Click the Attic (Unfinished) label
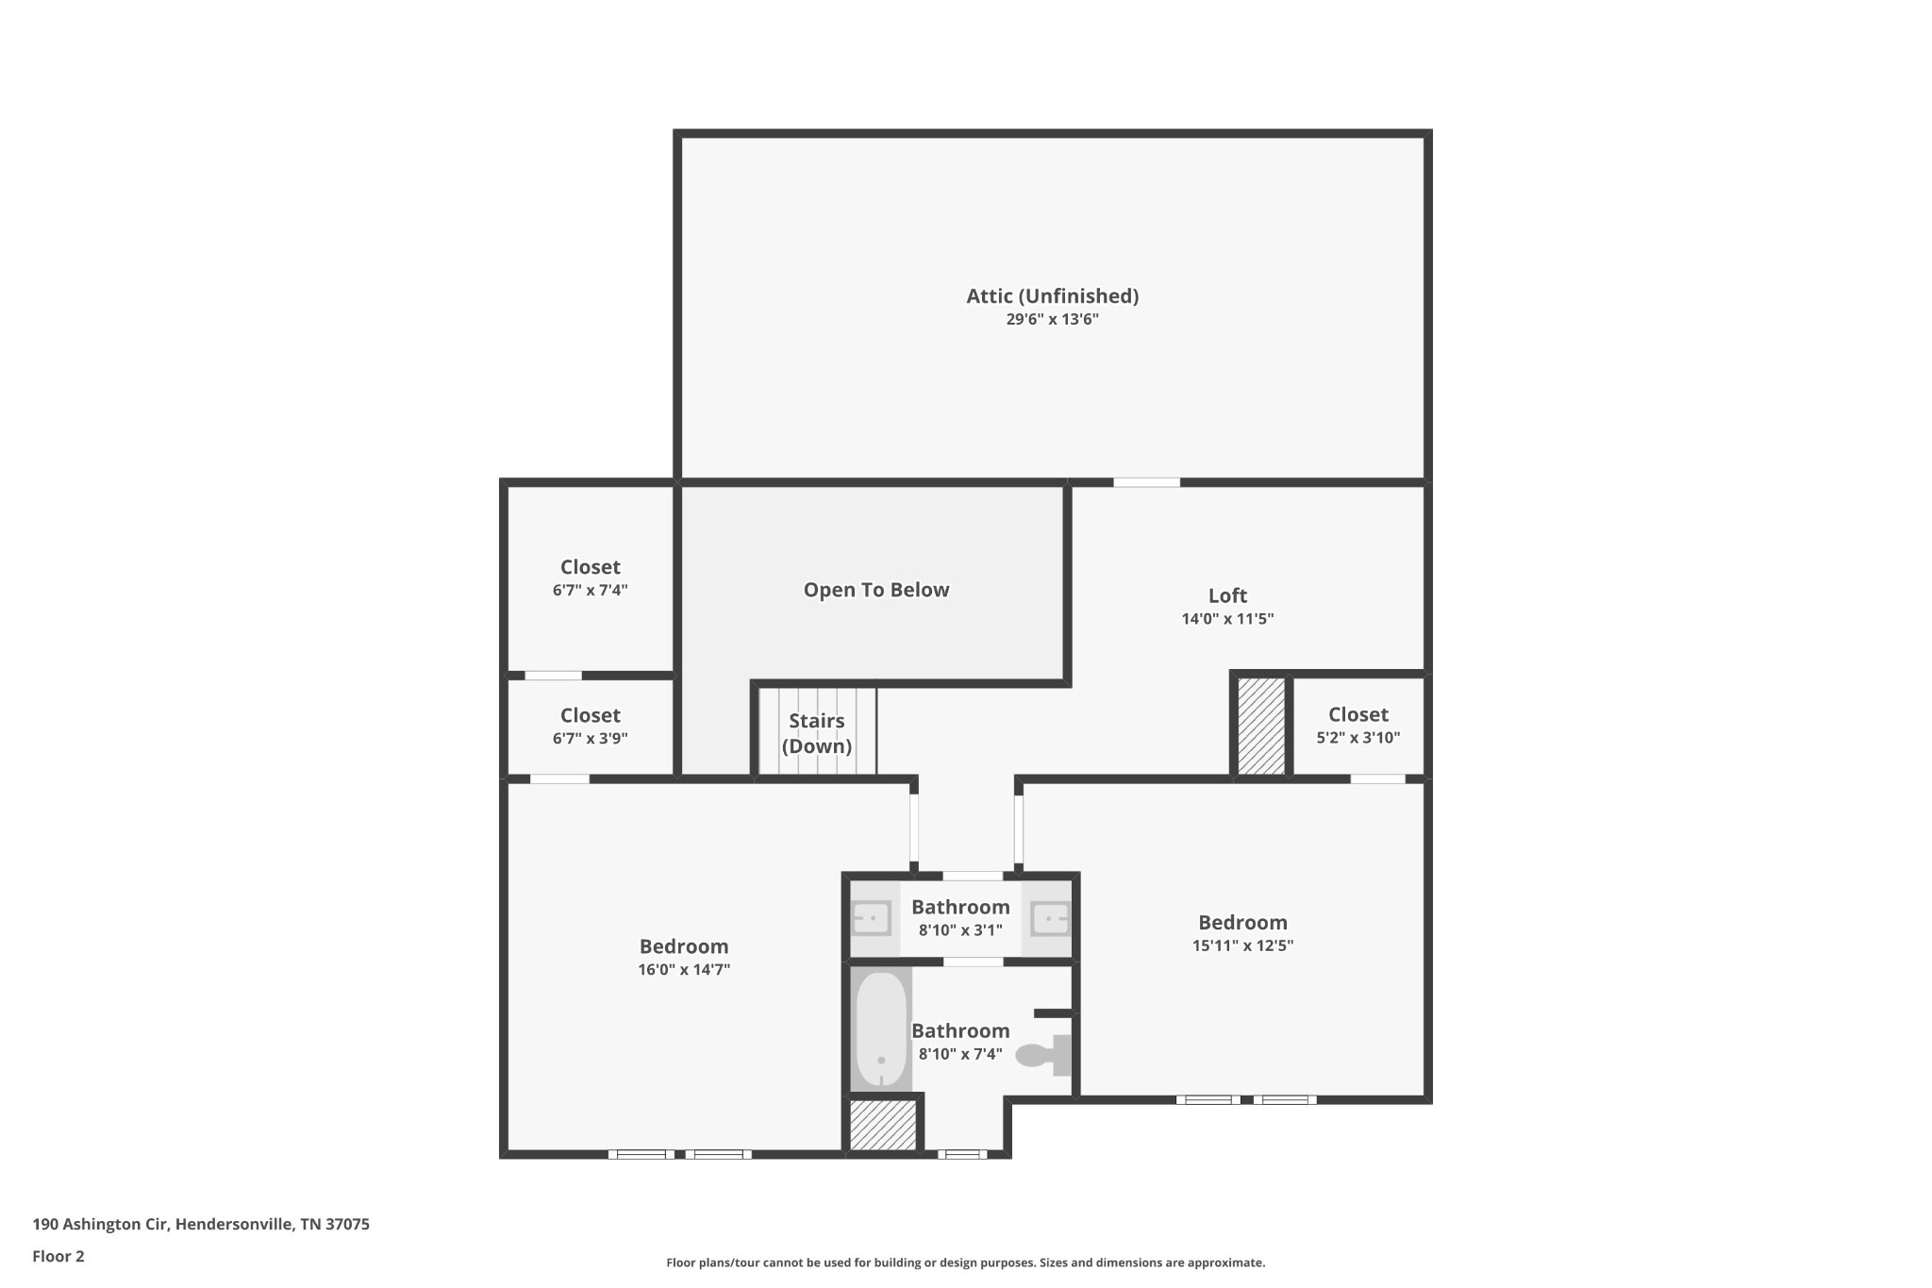(1052, 296)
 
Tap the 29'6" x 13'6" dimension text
(1052, 319)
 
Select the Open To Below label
(876, 590)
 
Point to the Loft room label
(1227, 595)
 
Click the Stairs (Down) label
(817, 733)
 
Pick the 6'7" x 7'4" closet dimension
(591, 591)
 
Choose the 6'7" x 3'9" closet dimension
(591, 739)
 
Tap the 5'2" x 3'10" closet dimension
(1358, 738)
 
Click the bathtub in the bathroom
(881, 1030)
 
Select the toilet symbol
(1044, 1055)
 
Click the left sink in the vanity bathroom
(872, 917)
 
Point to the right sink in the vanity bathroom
(1049, 917)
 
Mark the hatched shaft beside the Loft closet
(1261, 727)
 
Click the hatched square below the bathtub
(883, 1125)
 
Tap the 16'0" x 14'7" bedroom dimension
(684, 970)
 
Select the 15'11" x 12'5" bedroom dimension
(1242, 945)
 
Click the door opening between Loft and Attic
(1146, 482)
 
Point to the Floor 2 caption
(58, 1256)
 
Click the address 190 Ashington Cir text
(100, 1225)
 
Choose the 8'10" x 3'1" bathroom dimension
(960, 930)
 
